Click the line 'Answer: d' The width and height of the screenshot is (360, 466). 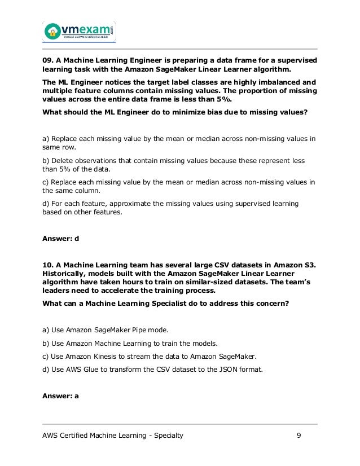pyautogui.click(x=60, y=238)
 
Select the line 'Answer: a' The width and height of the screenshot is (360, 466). pyautogui.click(x=60, y=395)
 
